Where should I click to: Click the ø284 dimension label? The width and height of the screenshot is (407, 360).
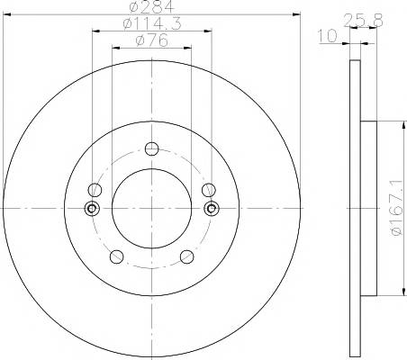click(151, 6)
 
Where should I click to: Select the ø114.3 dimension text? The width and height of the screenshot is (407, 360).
click(152, 23)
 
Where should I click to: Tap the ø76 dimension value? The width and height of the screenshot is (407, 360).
click(151, 40)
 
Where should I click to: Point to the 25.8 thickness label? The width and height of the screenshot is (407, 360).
click(363, 21)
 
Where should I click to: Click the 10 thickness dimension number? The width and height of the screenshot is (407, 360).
click(328, 36)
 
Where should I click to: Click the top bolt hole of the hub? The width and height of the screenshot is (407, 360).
click(151, 148)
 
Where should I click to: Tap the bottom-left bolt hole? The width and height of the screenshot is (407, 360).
click(116, 256)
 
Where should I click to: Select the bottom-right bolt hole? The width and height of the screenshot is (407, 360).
click(186, 256)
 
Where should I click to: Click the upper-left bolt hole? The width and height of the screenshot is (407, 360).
click(95, 190)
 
